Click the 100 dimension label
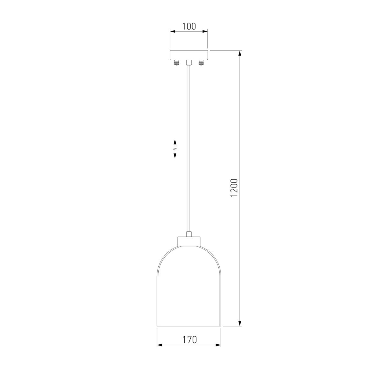pos(189,26)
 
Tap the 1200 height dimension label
pos(234,188)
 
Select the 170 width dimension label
pos(189,340)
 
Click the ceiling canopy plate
pos(189,55)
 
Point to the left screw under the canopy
pos(177,63)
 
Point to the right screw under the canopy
pos(201,63)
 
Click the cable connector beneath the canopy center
pos(189,63)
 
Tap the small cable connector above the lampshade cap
pos(189,234)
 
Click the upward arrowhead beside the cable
pos(175,142)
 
